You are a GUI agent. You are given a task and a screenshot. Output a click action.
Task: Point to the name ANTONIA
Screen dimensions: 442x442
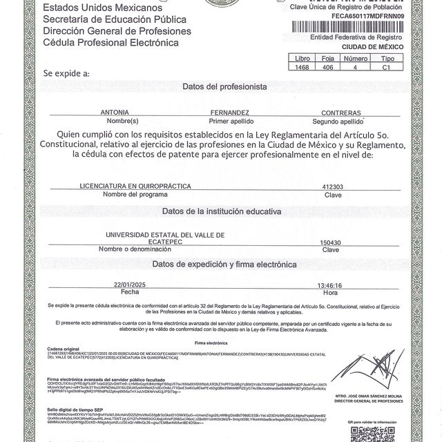pyautogui.click(x=115, y=111)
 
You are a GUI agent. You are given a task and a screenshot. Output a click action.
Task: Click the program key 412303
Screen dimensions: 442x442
pyautogui.click(x=333, y=186)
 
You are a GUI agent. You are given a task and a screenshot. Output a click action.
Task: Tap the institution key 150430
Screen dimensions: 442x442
pyautogui.click(x=331, y=242)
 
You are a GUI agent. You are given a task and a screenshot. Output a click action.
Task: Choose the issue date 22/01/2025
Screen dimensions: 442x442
pyautogui.click(x=131, y=284)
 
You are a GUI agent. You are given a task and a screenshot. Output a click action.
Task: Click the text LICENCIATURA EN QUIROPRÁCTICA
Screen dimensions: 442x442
pyautogui.click(x=131, y=186)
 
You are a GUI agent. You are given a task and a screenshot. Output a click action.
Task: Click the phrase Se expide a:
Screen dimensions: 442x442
pyautogui.click(x=66, y=73)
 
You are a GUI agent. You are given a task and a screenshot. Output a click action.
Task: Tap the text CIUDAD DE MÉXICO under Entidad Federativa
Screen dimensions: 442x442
pyautogui.click(x=391, y=47)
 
